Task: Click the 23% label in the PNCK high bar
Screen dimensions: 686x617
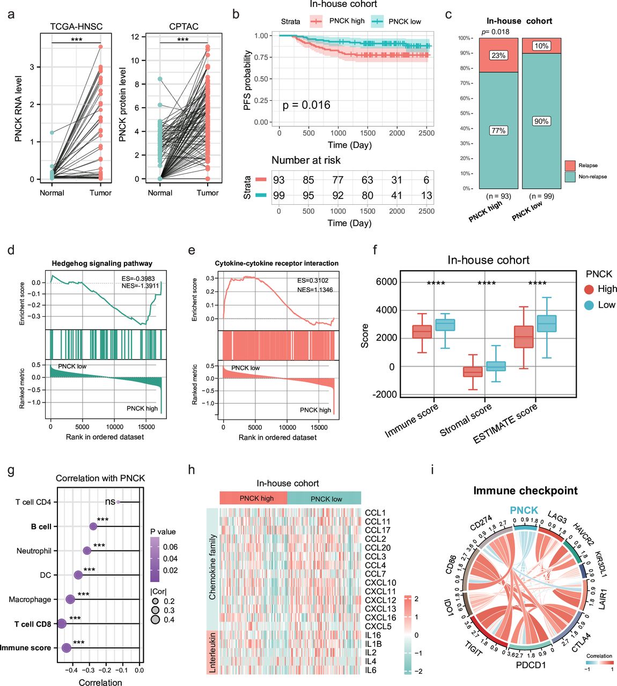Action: [x=498, y=55]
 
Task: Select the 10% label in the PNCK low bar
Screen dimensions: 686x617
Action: [x=541, y=46]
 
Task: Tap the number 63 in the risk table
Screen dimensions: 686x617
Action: [x=367, y=180]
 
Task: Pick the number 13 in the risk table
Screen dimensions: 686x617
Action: [x=427, y=196]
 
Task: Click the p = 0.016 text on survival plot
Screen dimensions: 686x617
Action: [x=306, y=105]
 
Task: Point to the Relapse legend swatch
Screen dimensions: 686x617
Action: [x=570, y=166]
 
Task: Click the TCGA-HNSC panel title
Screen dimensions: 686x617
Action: [x=76, y=26]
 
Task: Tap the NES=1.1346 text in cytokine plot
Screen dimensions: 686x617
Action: [x=315, y=290]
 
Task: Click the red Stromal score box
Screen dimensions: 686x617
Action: [x=473, y=371]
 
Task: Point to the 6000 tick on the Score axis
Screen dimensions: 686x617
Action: [x=386, y=282]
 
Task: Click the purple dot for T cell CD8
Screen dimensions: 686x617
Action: [x=62, y=623]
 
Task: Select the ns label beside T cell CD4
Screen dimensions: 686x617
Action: [x=110, y=502]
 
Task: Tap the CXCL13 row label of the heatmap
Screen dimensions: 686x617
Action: [x=380, y=609]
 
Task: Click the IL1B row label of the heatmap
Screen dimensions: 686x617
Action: [x=373, y=644]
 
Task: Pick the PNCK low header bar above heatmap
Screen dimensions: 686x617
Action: [x=326, y=498]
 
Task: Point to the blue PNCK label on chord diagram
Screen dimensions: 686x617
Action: [x=524, y=510]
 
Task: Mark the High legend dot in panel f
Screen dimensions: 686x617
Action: [x=589, y=289]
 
